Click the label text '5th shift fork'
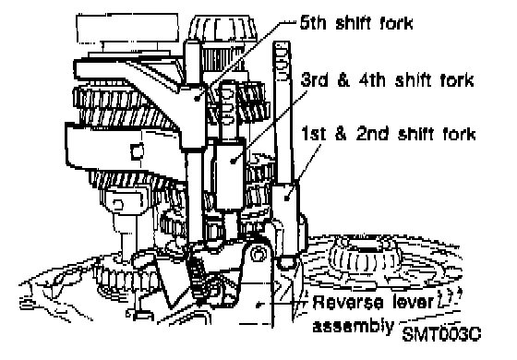(356, 23)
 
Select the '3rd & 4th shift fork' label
(388, 80)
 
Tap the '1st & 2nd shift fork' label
(389, 134)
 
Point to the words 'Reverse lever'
(373, 302)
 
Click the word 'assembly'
(353, 326)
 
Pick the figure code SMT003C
(441, 334)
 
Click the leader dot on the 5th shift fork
(198, 98)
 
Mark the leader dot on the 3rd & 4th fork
(234, 161)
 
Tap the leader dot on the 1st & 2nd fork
(287, 198)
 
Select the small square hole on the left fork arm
(137, 151)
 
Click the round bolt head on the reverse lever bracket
(258, 254)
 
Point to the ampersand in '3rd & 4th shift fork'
(343, 80)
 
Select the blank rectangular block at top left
(127, 28)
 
